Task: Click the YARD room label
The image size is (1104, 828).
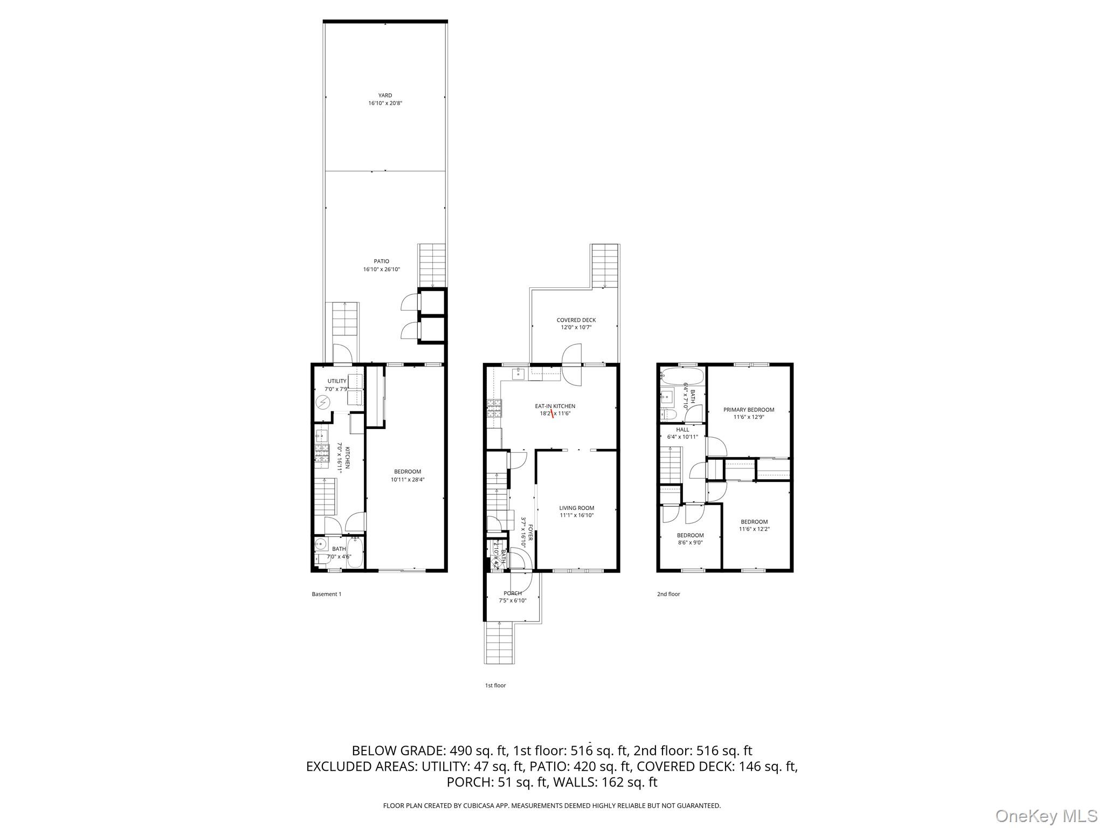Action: click(385, 95)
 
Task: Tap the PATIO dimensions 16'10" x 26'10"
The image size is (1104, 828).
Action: click(382, 270)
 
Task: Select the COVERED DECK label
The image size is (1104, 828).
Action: click(576, 320)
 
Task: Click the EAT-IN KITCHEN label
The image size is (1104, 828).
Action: click(555, 406)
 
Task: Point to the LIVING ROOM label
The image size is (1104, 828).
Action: click(576, 508)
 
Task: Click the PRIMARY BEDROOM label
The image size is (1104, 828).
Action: click(749, 410)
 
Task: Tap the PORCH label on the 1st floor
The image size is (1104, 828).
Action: click(512, 594)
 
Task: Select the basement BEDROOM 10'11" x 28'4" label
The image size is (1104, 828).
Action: click(408, 472)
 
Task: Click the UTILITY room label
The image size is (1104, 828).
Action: click(337, 381)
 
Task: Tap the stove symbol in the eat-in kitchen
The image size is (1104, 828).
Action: click(494, 409)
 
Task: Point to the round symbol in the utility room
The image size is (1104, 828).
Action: click(323, 403)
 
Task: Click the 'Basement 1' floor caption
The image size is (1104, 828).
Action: click(326, 594)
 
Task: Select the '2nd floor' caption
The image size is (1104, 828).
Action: click(668, 594)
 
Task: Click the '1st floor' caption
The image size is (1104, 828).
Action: click(495, 686)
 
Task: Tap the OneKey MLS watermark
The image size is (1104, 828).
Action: click(1046, 816)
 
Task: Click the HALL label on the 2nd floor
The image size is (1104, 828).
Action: click(682, 430)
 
